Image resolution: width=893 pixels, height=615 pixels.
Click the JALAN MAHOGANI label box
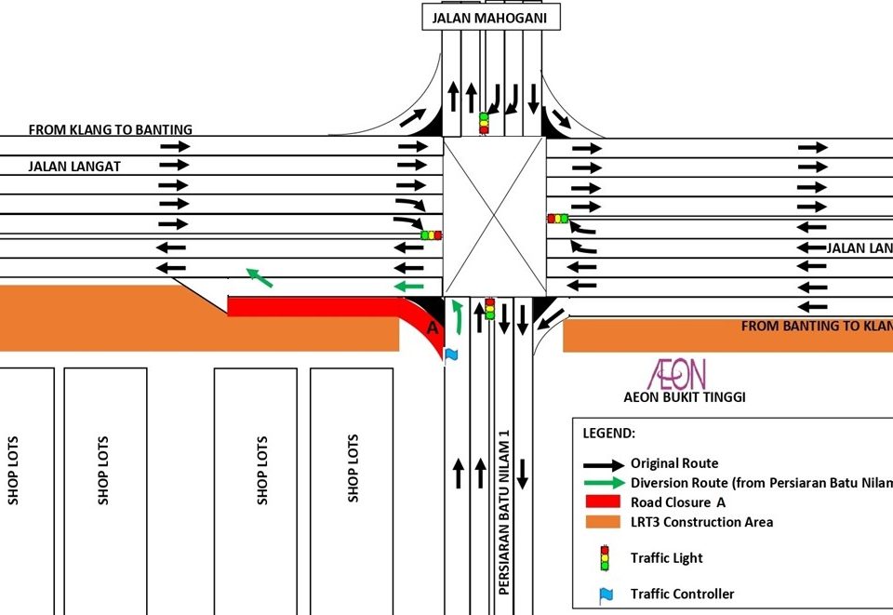point(491,17)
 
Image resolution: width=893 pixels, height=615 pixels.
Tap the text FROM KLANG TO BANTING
point(110,130)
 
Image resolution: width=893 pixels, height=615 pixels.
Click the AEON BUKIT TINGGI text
point(685,397)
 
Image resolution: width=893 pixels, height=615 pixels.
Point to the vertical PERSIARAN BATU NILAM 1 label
point(504,512)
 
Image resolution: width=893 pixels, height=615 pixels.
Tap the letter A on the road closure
point(432,328)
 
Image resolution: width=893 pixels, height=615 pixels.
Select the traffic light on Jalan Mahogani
point(484,123)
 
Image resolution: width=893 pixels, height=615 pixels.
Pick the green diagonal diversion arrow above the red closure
point(260,276)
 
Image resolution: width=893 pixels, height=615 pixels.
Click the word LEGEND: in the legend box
point(609,434)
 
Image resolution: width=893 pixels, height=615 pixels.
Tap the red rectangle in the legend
point(604,501)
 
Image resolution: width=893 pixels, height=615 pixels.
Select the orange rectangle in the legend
point(604,522)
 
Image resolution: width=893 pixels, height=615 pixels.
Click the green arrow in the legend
point(604,482)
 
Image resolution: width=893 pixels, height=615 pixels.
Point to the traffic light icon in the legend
point(605,557)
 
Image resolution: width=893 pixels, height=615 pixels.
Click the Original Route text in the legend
point(674,463)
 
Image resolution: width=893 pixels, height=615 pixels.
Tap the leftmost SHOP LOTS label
point(13,470)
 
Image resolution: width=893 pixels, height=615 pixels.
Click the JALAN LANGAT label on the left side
point(74,167)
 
